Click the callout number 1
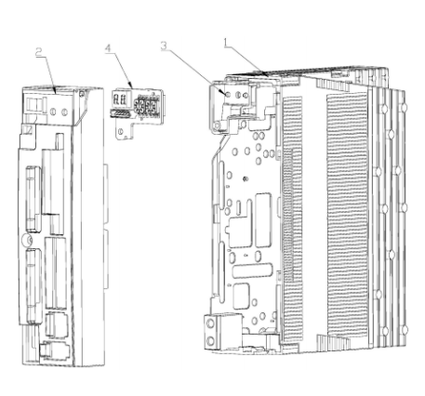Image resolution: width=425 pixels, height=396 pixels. (x=226, y=43)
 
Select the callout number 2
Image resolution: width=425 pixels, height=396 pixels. (x=39, y=52)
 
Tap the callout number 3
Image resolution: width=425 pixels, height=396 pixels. (x=164, y=46)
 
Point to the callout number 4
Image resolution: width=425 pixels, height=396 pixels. (x=108, y=48)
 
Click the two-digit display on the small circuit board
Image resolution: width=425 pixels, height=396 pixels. (x=120, y=99)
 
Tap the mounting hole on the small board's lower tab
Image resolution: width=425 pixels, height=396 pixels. (x=121, y=131)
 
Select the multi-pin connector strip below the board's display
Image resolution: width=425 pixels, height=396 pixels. (x=118, y=113)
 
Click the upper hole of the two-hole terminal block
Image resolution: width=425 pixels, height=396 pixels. (x=210, y=324)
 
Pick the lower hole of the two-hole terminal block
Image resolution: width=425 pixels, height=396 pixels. (x=210, y=341)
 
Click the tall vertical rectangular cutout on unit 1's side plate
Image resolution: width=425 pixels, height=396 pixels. (x=263, y=220)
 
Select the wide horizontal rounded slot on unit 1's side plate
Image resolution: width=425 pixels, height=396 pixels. (x=252, y=271)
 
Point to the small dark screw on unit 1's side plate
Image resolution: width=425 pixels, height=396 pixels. (x=245, y=178)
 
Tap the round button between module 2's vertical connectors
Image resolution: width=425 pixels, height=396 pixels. (x=28, y=240)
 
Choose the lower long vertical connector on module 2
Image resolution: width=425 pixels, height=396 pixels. (x=33, y=285)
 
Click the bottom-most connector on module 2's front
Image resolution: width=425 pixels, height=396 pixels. (x=54, y=350)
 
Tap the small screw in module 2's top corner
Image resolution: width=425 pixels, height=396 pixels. (x=82, y=94)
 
